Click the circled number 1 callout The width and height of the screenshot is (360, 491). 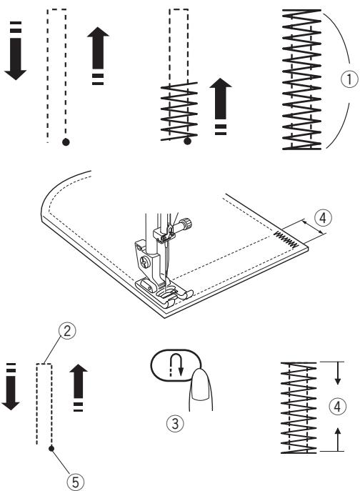(349, 79)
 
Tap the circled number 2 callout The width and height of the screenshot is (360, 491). (67, 332)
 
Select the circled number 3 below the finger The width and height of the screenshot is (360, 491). (175, 424)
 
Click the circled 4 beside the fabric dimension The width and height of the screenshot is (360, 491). (323, 218)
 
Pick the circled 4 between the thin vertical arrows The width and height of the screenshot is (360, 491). (337, 407)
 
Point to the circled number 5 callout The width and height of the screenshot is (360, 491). (76, 482)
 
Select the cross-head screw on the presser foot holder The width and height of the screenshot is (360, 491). (144, 261)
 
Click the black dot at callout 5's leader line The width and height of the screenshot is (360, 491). (51, 449)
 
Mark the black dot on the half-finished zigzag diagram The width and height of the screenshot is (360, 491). (188, 142)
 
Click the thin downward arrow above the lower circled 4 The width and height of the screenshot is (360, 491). (337, 373)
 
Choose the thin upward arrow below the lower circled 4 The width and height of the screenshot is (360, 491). (337, 440)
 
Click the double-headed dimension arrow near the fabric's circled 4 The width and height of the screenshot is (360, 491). (313, 227)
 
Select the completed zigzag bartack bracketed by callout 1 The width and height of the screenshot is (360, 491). (301, 79)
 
